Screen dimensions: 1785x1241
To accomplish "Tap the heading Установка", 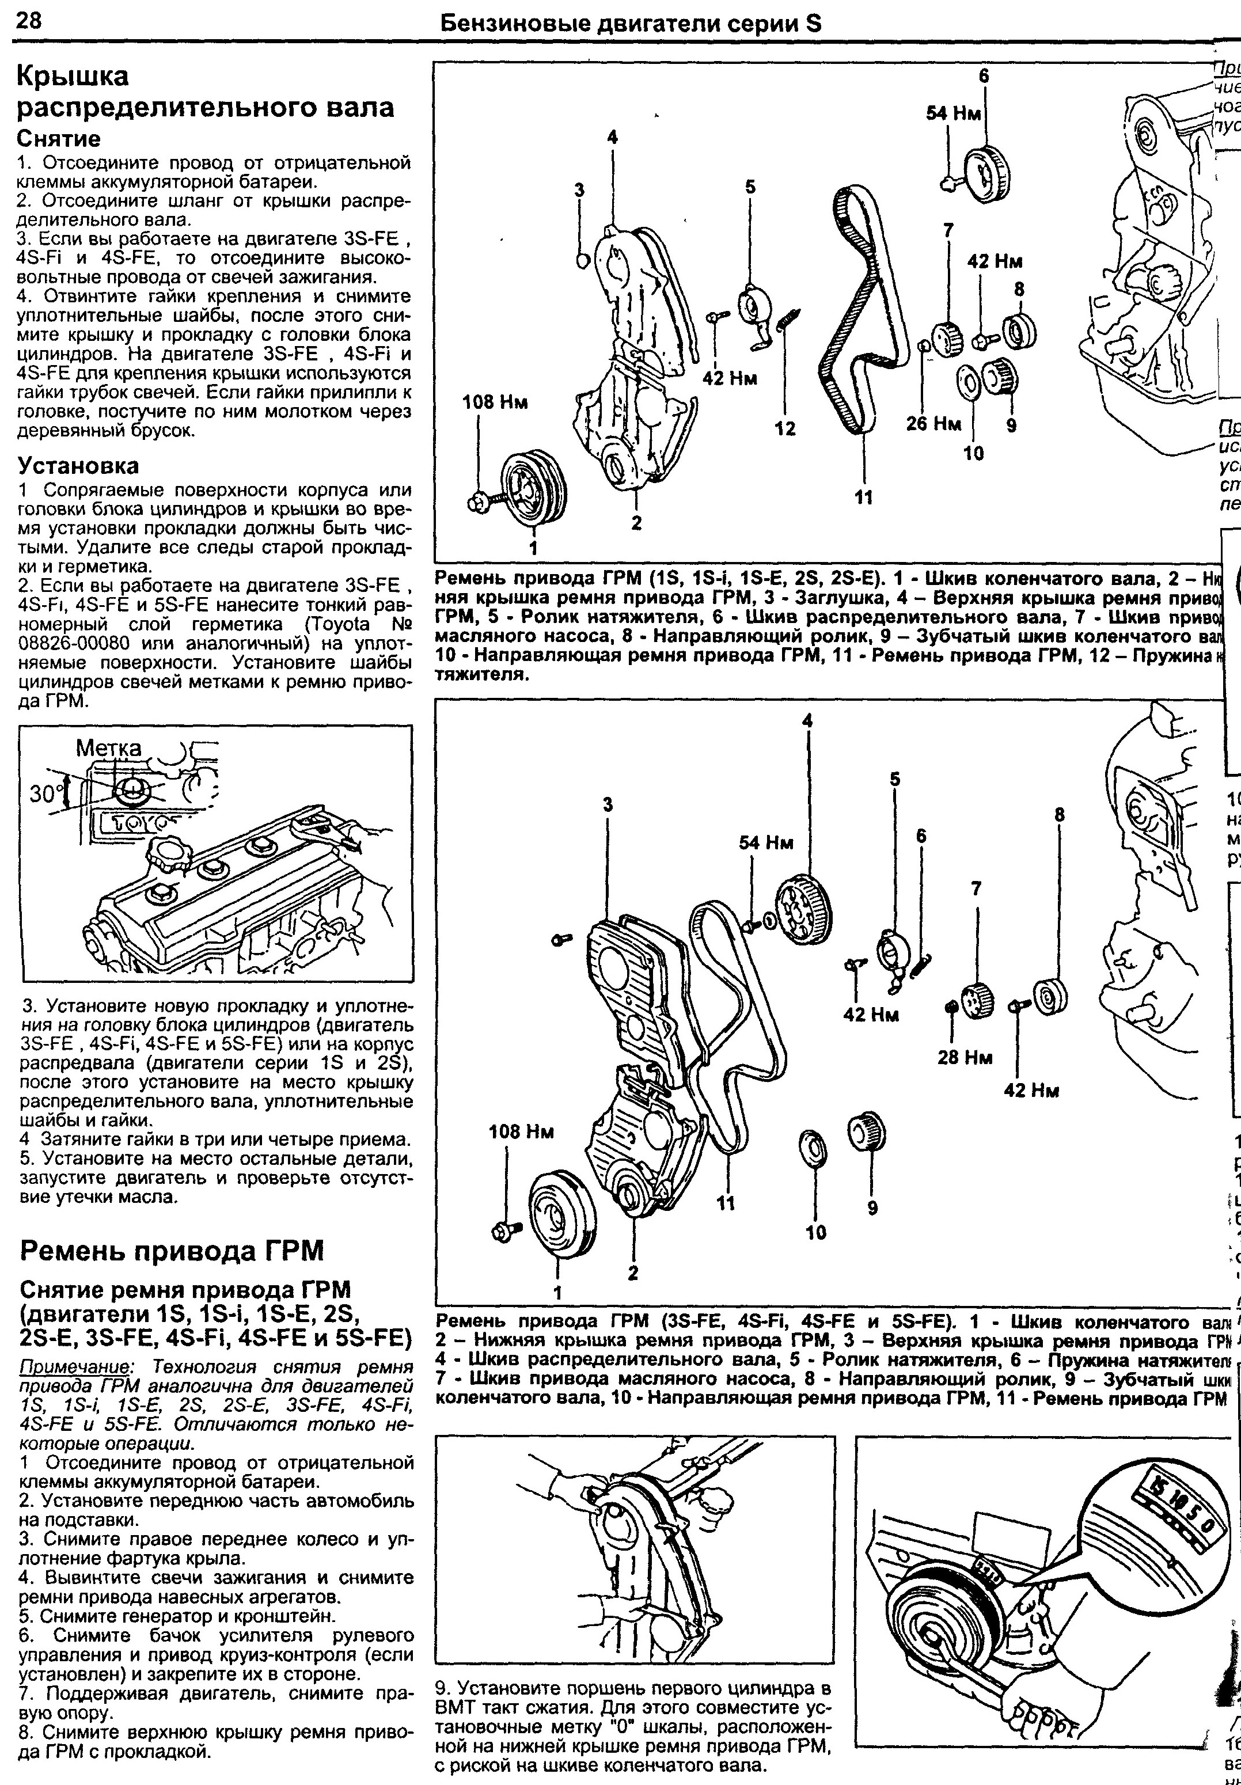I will click(78, 466).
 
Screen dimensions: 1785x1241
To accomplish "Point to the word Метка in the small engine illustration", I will click(109, 748).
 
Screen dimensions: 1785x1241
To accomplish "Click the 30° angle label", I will click(45, 794).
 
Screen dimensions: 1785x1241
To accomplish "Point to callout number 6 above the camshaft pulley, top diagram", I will click(983, 76).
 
